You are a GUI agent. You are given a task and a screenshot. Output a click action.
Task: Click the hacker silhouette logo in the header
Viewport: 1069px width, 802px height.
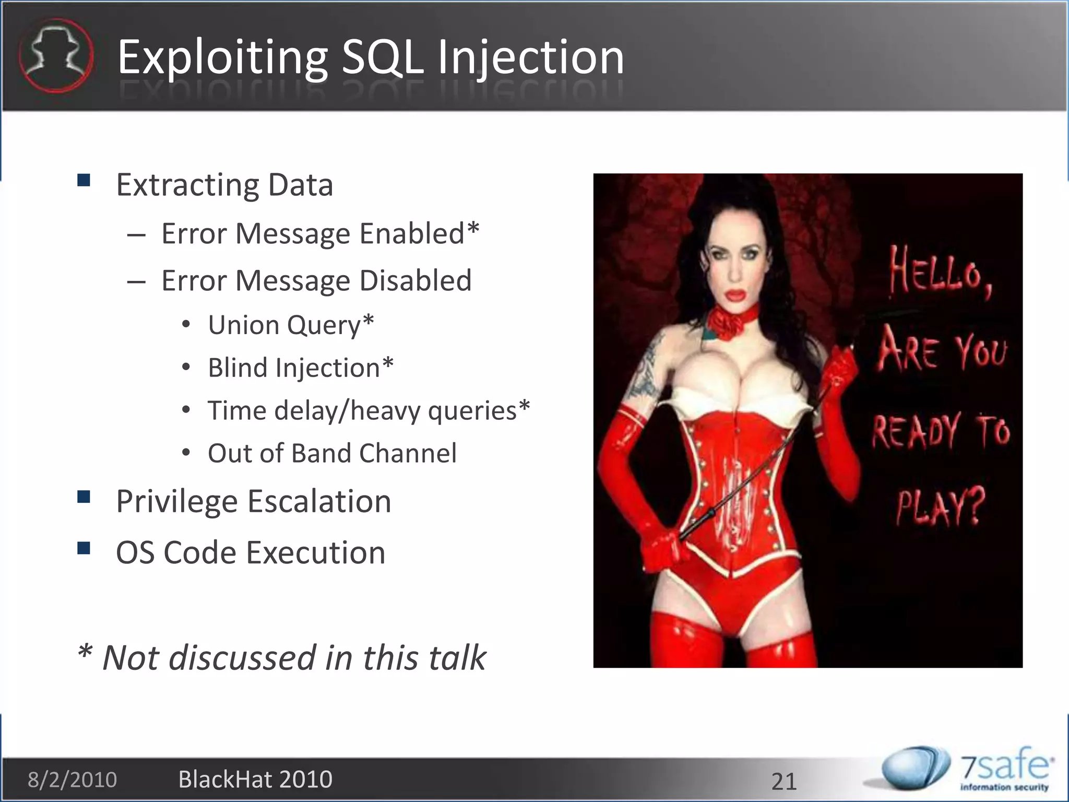point(56,56)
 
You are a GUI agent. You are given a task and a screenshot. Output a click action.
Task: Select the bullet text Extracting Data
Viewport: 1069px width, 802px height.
point(224,185)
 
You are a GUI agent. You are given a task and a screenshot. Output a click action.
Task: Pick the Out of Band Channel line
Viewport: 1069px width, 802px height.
point(332,453)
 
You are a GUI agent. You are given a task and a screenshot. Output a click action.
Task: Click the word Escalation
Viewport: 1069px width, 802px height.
point(319,501)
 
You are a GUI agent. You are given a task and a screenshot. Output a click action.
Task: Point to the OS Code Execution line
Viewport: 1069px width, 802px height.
point(251,552)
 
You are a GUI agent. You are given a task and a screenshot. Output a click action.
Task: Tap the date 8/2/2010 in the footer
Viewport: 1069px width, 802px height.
point(72,780)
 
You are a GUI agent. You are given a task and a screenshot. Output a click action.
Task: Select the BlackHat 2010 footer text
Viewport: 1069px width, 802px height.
point(255,780)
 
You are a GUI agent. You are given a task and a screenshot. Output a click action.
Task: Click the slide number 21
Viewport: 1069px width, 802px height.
point(784,782)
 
